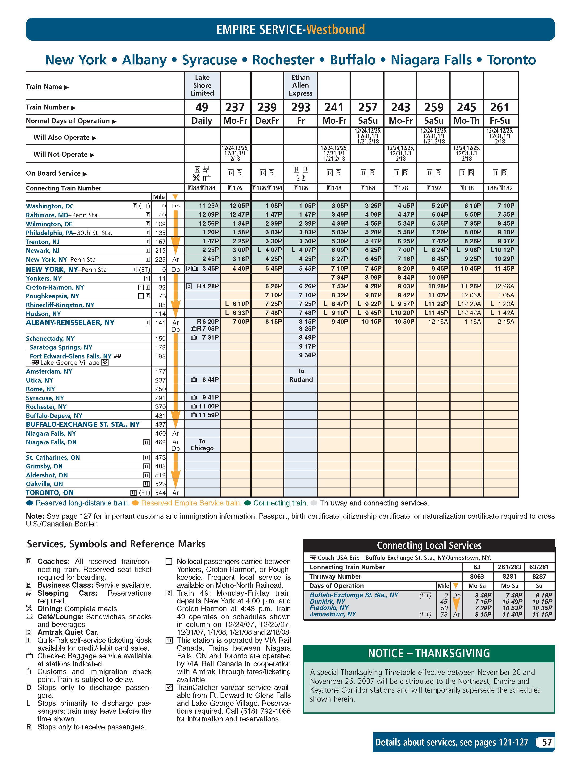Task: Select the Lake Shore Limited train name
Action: [x=202, y=85]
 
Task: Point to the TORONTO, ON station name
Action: [x=50, y=492]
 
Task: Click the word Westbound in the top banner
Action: [x=335, y=29]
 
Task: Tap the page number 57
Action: [x=547, y=742]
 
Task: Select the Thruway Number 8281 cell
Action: [x=509, y=576]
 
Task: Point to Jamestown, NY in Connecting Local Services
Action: [x=333, y=614]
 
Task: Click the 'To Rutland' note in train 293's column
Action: [x=301, y=375]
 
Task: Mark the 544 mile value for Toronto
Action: [x=160, y=492]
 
